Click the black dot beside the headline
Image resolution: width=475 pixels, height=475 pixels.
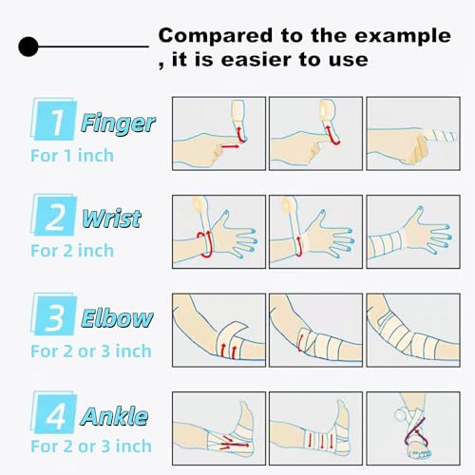[x=29, y=45]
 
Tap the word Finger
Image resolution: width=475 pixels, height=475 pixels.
[x=118, y=123]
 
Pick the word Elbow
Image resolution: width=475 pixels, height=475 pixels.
[x=118, y=318]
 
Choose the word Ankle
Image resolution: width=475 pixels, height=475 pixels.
[x=114, y=416]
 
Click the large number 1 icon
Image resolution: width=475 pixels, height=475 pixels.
[x=54, y=123]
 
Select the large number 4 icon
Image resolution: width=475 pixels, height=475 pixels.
[x=55, y=416]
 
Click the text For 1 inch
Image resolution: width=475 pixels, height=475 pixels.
[x=72, y=153]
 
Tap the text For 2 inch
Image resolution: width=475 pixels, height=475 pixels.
[x=72, y=251]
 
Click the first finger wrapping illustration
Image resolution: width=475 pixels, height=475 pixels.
[x=218, y=133]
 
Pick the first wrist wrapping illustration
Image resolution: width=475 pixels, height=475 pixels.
[x=218, y=231]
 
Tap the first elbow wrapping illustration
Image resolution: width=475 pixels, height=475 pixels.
[x=218, y=329]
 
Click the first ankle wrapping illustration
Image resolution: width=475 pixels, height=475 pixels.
[x=218, y=426]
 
